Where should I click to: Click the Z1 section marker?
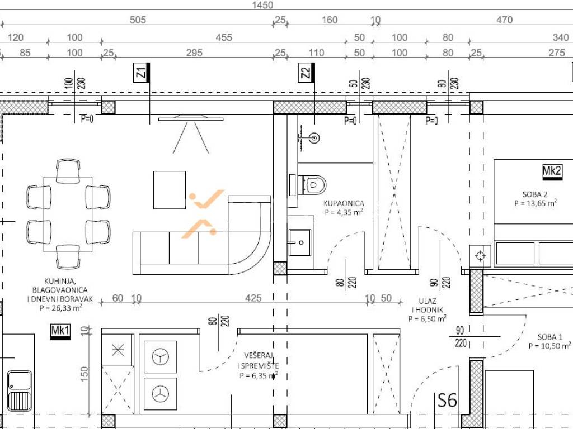click(x=142, y=72)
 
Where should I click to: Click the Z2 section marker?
click(x=307, y=72)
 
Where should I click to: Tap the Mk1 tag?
click(x=60, y=332)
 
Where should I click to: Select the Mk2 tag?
click(x=552, y=172)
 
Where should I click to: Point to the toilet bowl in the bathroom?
click(x=312, y=185)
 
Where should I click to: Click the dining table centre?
click(x=68, y=214)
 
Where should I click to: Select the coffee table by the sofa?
click(x=169, y=190)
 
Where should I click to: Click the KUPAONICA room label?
click(x=344, y=203)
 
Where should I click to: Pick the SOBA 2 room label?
click(x=534, y=194)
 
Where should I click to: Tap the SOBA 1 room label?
click(x=550, y=337)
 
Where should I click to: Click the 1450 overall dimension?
click(x=262, y=5)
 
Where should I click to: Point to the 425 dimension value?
click(x=253, y=298)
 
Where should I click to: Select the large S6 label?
click(x=447, y=400)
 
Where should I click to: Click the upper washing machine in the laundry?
click(x=161, y=357)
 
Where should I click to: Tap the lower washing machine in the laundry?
click(x=161, y=394)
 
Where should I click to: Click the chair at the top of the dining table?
click(x=68, y=170)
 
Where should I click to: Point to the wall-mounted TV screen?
click(x=190, y=118)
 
